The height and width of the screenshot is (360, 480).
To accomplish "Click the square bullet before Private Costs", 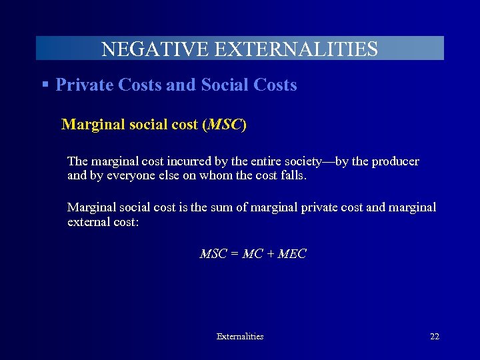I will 45,85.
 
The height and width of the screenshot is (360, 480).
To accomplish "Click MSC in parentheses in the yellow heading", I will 224,125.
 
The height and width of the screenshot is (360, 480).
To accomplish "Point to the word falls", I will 293,176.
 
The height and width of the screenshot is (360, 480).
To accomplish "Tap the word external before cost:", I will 89,222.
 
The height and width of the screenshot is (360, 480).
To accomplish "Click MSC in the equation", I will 213,254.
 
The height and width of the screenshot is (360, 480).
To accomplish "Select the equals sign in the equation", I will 235,254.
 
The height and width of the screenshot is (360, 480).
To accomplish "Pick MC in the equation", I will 252,254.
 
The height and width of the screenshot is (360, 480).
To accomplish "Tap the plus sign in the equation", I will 269,254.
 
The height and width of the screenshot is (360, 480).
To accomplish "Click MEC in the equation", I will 292,254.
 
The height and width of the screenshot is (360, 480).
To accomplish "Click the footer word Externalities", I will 240,337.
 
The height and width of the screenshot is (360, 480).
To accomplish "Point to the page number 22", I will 435,337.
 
